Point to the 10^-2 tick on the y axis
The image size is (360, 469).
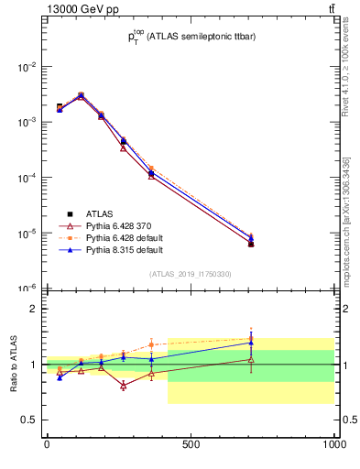pos(27,67)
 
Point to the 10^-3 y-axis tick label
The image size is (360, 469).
pos(27,122)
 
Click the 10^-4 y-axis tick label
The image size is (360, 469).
pos(27,178)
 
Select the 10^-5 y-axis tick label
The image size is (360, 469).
pos(27,234)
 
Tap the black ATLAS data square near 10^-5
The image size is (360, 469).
pos(250,244)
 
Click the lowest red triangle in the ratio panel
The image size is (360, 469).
pos(123,386)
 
